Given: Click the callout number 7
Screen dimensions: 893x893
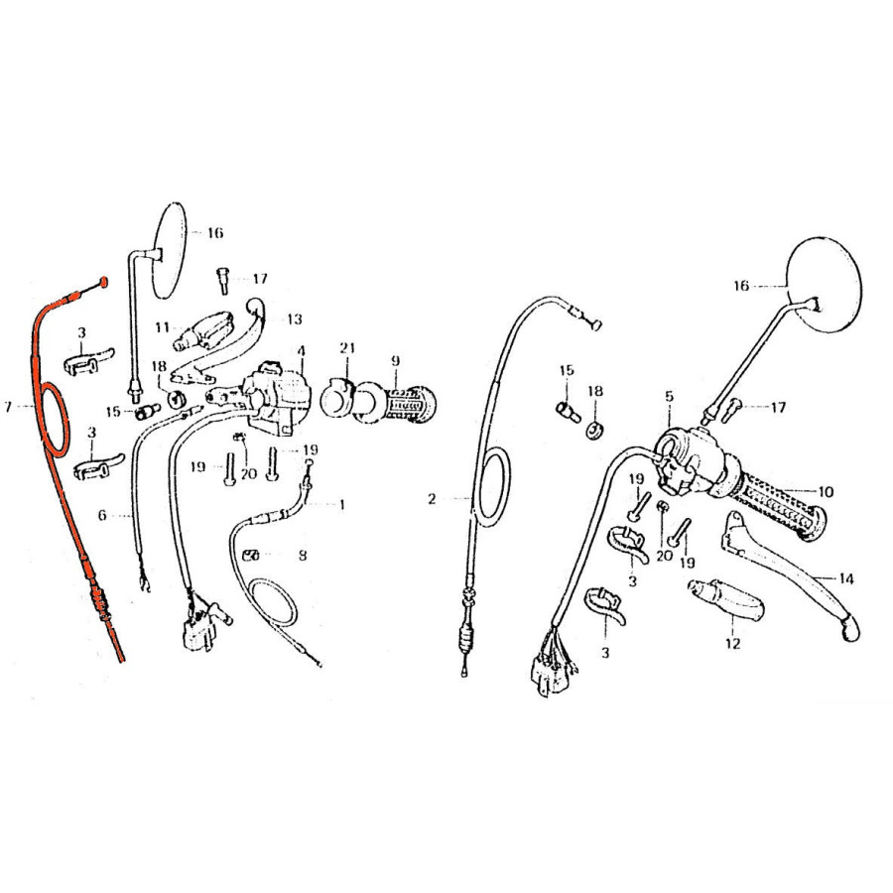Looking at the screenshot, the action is pyautogui.click(x=7, y=407).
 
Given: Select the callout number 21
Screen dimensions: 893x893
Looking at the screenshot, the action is pyautogui.click(x=347, y=347).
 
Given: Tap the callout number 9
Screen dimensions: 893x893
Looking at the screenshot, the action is pyautogui.click(x=396, y=360).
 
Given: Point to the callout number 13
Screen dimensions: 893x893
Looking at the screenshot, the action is pyautogui.click(x=295, y=319).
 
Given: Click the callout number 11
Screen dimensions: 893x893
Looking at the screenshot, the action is pyautogui.click(x=163, y=327).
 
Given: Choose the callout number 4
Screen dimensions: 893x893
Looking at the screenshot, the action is pyautogui.click(x=301, y=350).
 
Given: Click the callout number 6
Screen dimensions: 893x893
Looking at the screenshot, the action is pyautogui.click(x=102, y=515).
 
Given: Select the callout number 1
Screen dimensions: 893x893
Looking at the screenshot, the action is pyautogui.click(x=341, y=505).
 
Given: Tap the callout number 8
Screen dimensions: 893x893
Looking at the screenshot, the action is pyautogui.click(x=303, y=555).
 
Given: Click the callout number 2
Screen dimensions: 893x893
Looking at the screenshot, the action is pyautogui.click(x=432, y=499).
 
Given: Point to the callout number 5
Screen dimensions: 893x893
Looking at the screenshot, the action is pyautogui.click(x=669, y=396).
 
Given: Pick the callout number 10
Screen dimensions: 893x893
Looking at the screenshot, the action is pyautogui.click(x=826, y=491).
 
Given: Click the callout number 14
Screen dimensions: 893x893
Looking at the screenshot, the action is pyautogui.click(x=846, y=579).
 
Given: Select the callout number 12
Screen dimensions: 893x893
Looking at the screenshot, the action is pyautogui.click(x=733, y=644).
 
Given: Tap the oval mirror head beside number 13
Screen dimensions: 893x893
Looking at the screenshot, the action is pyautogui.click(x=171, y=250).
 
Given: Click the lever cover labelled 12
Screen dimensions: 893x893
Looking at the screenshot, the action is pyautogui.click(x=726, y=601).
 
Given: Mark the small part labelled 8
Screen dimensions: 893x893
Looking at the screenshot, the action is pyautogui.click(x=251, y=556).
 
